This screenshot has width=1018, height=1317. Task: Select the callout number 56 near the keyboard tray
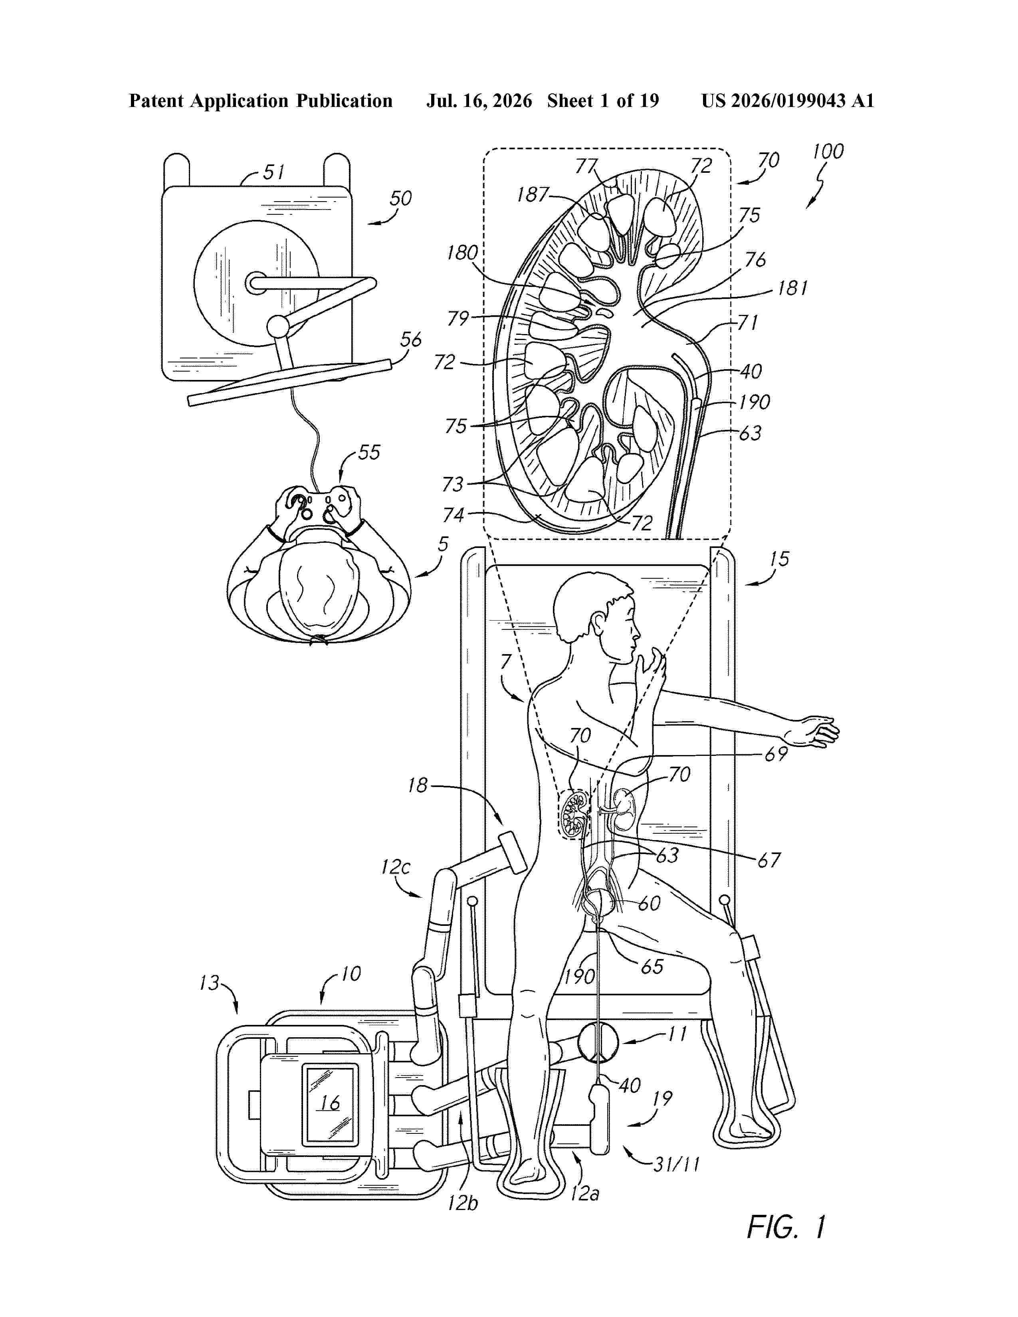[x=411, y=340]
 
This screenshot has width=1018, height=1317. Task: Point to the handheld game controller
[x=318, y=505]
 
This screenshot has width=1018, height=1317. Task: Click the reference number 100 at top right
[x=828, y=151]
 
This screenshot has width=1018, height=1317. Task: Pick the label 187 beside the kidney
[x=533, y=194]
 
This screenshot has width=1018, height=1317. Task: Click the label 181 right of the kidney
[x=792, y=288]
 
